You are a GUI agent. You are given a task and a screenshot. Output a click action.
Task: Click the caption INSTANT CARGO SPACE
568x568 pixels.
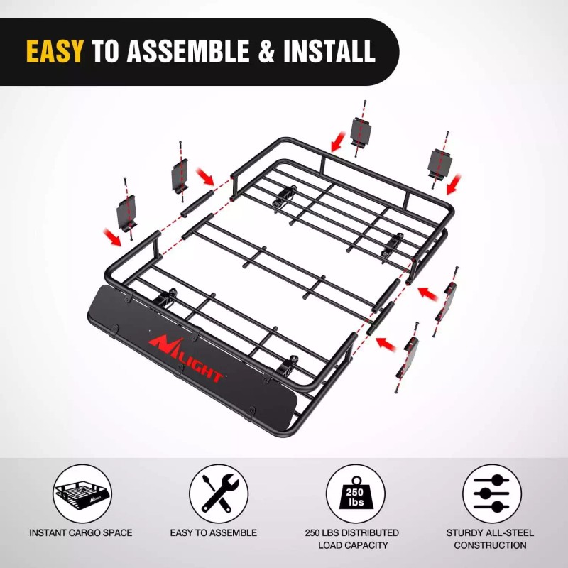(81, 532)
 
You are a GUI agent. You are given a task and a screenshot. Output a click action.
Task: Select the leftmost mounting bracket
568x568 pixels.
(129, 213)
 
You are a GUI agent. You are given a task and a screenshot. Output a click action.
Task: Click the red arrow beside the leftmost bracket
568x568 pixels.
(110, 236)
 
